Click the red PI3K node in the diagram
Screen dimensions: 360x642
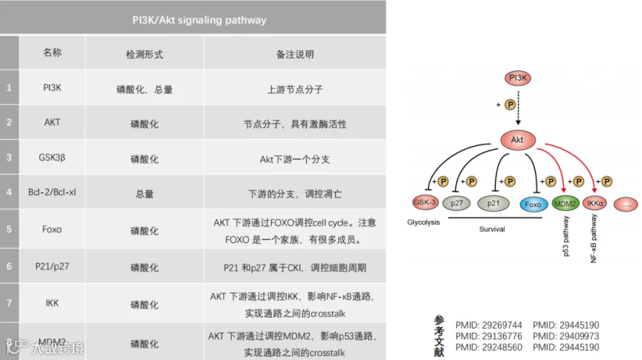[x=518, y=78]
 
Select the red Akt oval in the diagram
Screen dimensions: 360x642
[x=517, y=140]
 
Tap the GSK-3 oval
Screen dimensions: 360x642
[x=426, y=202]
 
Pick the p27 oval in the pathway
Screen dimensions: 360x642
[x=458, y=203]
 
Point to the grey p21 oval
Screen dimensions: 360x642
[x=494, y=203]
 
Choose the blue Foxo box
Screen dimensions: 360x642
[x=533, y=204]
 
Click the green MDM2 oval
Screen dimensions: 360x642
[x=566, y=204]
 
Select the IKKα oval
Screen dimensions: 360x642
[x=596, y=204]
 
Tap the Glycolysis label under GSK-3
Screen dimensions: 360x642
[x=424, y=222]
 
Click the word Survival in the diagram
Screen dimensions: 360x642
[x=491, y=230]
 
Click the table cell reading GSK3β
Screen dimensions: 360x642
[x=52, y=157]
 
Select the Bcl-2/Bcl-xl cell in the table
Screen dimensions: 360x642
[x=52, y=192]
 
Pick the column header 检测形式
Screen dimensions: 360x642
[x=144, y=53]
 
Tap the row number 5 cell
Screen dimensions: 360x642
[x=9, y=230]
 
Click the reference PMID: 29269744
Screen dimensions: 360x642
[x=489, y=325]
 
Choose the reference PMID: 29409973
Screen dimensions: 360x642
[x=566, y=336]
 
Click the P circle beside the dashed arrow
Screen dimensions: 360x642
[x=509, y=105]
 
